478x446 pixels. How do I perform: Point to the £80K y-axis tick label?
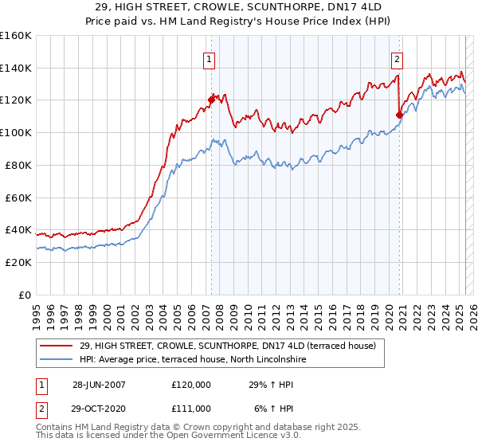(x=17, y=165)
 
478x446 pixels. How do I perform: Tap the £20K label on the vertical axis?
(x=17, y=262)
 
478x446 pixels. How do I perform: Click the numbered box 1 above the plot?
(x=209, y=58)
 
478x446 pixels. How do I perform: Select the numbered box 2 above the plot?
(x=397, y=58)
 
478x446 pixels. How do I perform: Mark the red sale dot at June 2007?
(x=212, y=100)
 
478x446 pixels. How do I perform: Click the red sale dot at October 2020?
(x=400, y=114)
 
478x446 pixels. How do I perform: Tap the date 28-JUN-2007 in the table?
(x=99, y=385)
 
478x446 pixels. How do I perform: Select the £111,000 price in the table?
(x=191, y=408)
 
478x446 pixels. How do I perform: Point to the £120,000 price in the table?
(x=191, y=385)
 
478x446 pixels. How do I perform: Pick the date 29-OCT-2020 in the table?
(x=99, y=408)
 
